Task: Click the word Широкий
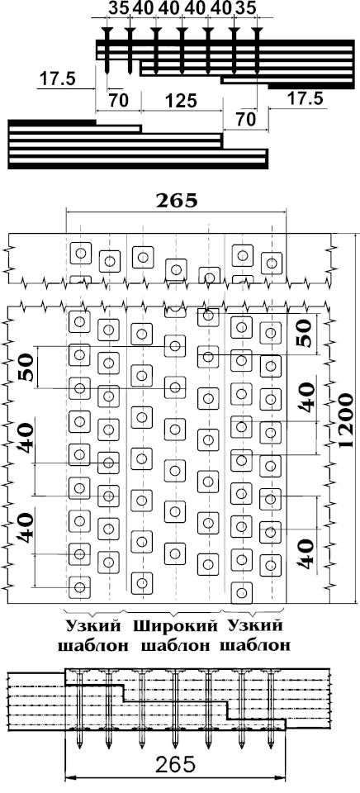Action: click(175, 626)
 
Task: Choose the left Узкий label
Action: click(94, 626)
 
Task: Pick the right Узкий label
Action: click(254, 626)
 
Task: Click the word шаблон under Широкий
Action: click(175, 645)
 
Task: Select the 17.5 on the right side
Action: click(305, 98)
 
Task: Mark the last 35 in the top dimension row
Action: click(245, 8)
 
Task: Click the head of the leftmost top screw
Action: click(107, 32)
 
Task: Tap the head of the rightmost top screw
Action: click(258, 32)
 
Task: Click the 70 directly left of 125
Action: click(118, 101)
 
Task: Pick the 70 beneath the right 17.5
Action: click(244, 120)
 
